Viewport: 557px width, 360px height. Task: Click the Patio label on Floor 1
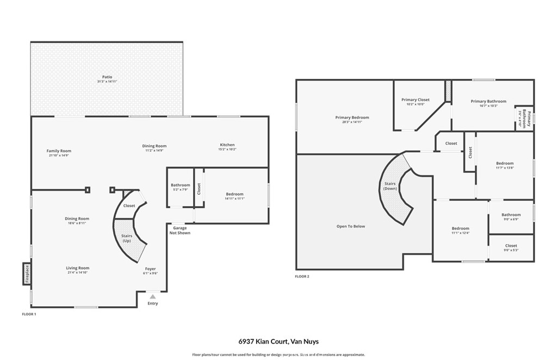[107, 77]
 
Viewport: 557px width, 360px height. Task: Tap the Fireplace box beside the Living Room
[26, 274]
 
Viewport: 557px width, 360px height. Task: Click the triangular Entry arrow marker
[153, 296]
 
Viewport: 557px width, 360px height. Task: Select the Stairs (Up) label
[126, 238]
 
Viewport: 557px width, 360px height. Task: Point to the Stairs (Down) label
[389, 186]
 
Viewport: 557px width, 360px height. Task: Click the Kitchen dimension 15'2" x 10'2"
[227, 149]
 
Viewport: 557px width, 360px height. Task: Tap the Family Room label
[59, 151]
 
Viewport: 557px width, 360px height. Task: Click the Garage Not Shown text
[180, 230]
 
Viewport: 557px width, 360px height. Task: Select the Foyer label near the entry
[150, 269]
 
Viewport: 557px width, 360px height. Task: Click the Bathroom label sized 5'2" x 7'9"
[181, 185]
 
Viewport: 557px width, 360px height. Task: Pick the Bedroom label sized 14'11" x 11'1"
[235, 194]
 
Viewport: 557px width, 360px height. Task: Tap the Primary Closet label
[416, 100]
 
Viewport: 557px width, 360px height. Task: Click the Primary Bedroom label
[352, 117]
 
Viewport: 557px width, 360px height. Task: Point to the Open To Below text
[351, 226]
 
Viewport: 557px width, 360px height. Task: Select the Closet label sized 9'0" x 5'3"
[511, 246]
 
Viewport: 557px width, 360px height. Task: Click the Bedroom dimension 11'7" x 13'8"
[504, 167]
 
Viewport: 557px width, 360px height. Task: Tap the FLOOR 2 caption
[302, 276]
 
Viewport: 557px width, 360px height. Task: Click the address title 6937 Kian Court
[278, 342]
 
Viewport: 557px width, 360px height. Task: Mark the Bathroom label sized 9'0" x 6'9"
[511, 215]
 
